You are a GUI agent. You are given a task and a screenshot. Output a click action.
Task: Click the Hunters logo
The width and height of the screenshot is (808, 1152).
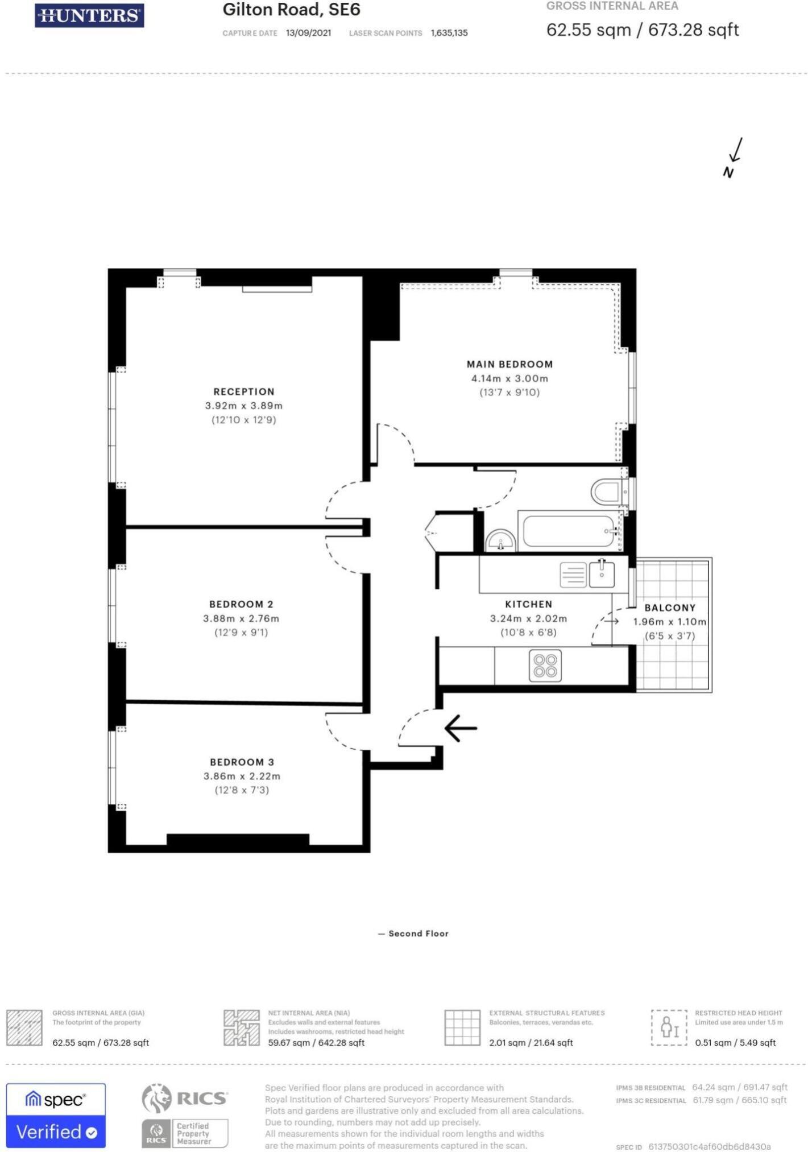point(89,15)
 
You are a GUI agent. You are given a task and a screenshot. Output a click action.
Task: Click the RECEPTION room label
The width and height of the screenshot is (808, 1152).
point(243,391)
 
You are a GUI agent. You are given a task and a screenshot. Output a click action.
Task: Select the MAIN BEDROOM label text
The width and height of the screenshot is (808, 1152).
point(509,364)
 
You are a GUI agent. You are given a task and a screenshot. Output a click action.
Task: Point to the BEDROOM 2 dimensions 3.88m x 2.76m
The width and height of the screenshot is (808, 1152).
point(241,618)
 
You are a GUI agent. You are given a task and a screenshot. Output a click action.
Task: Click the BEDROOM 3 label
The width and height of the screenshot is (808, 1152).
point(242,762)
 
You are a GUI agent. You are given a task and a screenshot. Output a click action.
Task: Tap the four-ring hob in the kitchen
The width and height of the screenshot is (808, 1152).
point(545,666)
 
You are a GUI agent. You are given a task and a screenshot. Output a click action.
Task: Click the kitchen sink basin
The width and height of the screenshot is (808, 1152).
point(602,575)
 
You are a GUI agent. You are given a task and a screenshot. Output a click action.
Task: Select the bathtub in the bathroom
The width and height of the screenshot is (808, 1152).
point(569,531)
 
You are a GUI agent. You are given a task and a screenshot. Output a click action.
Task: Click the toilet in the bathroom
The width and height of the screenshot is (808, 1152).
point(607,492)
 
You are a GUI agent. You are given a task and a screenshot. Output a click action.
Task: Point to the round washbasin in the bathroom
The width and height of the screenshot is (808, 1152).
point(500,540)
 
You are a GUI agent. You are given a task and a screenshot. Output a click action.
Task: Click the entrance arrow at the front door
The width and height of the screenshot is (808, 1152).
point(460,728)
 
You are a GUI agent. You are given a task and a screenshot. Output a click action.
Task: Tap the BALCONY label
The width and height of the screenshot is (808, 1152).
point(670,608)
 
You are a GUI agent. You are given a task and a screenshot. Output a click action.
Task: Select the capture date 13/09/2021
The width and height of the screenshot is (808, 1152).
point(308,33)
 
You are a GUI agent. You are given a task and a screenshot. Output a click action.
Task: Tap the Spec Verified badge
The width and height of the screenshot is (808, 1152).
point(56,1116)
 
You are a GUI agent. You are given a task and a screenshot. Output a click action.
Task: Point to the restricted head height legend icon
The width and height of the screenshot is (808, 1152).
point(668,1027)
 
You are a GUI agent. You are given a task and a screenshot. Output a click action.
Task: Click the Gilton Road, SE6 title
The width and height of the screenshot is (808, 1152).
point(291,10)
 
